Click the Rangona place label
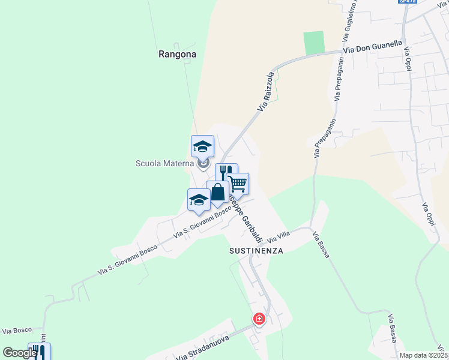pos(178,54)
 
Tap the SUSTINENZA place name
pos(256,251)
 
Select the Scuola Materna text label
pos(164,163)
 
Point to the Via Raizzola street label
pos(265,91)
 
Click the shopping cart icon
pos(238,184)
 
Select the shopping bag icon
pos(217,193)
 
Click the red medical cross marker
pos(259,319)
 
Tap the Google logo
pos(19,353)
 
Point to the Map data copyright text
pos(424,355)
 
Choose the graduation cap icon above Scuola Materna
pos(202,146)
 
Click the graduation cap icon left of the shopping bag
pos(199,200)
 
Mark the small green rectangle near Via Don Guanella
pos(313,42)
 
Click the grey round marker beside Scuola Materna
pos(204,163)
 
